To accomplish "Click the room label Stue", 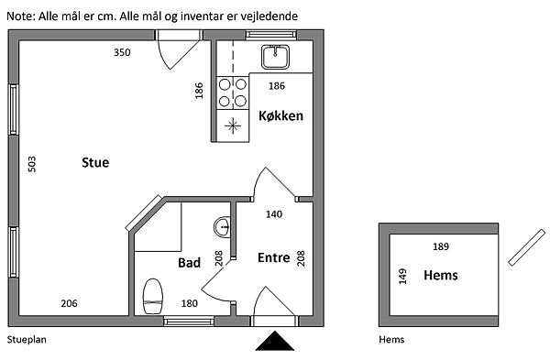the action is tap(95, 163).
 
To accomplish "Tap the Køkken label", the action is tap(281, 115).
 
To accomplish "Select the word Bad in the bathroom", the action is tap(189, 263).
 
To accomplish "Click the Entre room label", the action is tap(273, 257).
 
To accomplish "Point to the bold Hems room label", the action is tap(441, 275).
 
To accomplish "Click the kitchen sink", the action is tap(275, 57).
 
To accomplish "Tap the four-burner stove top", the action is tap(233, 93).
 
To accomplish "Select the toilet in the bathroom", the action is tap(153, 296).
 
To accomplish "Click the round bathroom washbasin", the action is tap(223, 227).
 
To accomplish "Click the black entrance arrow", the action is tap(275, 341).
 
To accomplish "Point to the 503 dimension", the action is tap(31, 164).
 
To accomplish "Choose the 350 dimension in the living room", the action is tap(122, 52).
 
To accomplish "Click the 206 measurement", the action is tap(69, 303).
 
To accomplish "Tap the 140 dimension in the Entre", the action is tap(274, 213).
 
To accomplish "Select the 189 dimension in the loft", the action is tap(441, 246).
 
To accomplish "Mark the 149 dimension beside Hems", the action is tap(402, 277).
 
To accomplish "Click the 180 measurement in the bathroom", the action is tap(190, 303).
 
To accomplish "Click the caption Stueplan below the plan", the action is tap(27, 339).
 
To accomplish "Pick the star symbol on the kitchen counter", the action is tap(233, 125).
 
